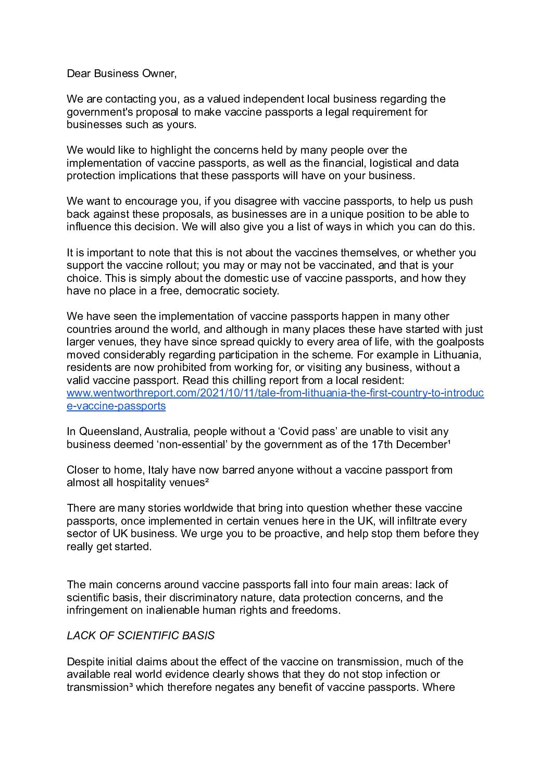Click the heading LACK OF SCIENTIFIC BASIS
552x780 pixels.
click(x=141, y=636)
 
